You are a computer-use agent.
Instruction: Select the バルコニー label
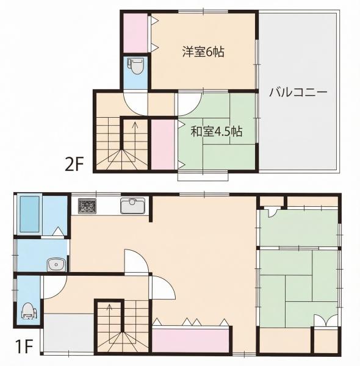(298, 93)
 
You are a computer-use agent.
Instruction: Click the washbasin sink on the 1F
(56, 264)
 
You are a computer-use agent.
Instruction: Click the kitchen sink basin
(131, 206)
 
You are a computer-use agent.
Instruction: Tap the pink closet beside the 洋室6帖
(135, 32)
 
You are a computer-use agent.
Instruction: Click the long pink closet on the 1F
(190, 340)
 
